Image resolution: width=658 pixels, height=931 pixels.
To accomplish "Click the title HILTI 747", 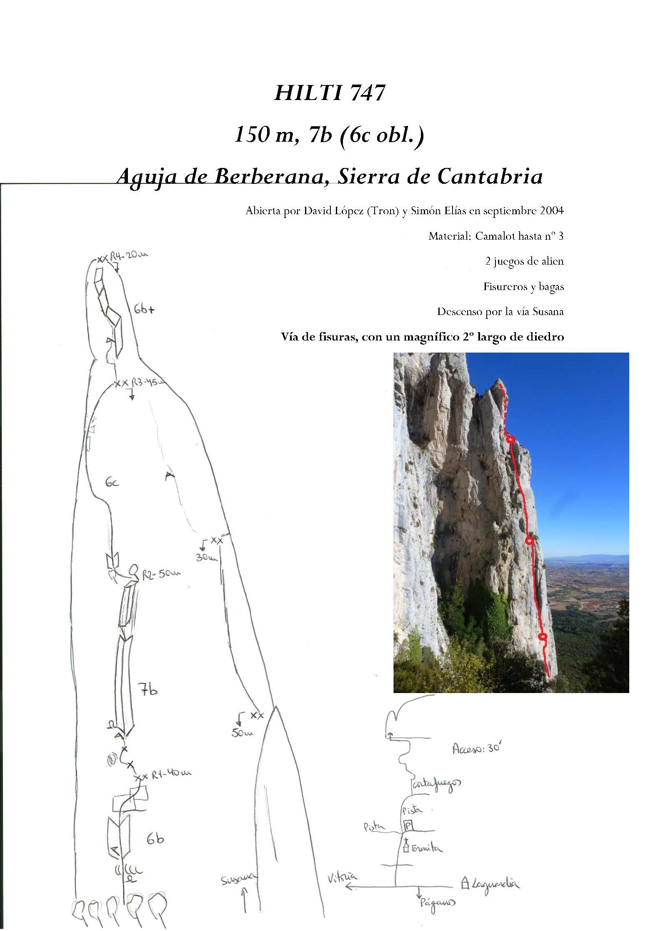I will [x=329, y=93].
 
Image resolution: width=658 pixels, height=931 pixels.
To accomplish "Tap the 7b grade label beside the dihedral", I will [x=148, y=691].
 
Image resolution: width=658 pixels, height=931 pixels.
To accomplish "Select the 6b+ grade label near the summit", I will [x=144, y=309].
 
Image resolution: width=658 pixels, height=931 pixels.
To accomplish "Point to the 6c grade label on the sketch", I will [x=112, y=483].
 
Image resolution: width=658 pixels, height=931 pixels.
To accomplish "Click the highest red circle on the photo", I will [x=510, y=438].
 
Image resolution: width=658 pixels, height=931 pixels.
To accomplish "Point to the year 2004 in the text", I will [x=552, y=210].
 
